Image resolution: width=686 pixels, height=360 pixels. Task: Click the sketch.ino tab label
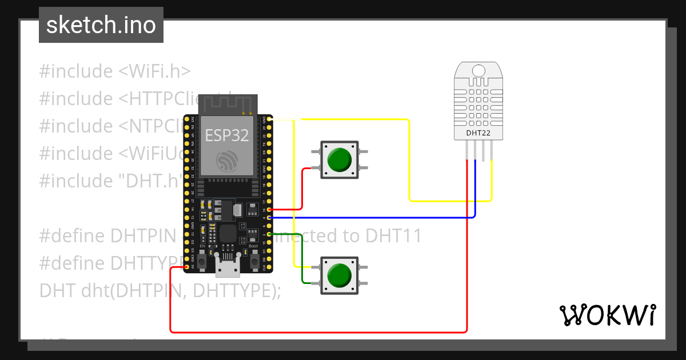click(101, 25)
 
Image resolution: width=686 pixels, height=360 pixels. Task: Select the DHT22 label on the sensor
click(478, 134)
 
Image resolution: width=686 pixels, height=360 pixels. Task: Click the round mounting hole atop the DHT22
click(478, 70)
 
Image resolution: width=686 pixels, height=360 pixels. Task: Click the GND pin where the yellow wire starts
click(269, 120)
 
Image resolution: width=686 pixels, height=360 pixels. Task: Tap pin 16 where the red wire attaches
click(269, 210)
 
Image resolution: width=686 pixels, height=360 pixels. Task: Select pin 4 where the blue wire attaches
click(269, 218)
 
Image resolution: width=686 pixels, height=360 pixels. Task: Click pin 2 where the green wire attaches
click(269, 234)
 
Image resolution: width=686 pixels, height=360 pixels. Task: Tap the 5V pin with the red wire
click(187, 266)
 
